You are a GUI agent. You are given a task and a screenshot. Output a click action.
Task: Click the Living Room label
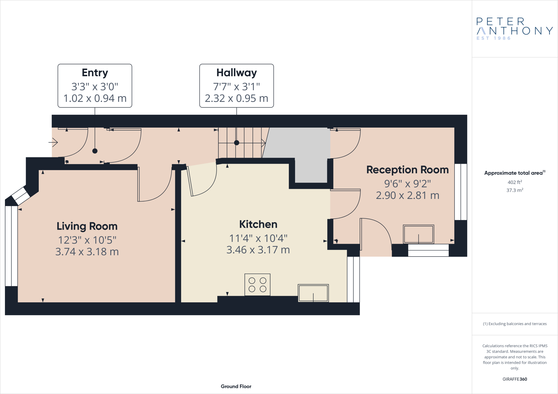[87, 226]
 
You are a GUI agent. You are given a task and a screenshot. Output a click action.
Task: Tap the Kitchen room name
[258, 224]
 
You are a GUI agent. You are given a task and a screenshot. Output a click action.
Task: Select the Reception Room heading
[407, 170]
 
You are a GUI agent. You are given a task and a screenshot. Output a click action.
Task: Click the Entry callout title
[95, 73]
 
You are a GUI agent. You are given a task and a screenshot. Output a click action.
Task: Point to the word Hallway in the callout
[236, 73]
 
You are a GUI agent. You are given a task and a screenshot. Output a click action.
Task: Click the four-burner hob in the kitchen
[257, 285]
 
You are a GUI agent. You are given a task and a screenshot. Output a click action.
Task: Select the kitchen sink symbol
[313, 293]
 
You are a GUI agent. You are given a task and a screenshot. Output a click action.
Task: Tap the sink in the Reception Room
[418, 234]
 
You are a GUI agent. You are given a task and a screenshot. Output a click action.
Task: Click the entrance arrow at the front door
[53, 142]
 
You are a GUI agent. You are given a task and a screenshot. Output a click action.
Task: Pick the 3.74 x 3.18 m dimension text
[87, 252]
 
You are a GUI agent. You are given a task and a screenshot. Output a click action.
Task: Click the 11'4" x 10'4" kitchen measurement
[258, 238]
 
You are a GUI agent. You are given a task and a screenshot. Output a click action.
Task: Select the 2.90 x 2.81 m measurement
[407, 195]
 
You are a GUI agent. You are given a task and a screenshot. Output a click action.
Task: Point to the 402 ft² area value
[515, 182]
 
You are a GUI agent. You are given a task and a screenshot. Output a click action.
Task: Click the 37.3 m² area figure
[515, 190]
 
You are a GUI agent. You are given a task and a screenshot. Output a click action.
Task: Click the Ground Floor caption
[236, 386]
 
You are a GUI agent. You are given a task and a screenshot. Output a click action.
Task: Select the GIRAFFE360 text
[515, 379]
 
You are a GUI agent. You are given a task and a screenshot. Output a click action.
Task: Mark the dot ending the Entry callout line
[95, 151]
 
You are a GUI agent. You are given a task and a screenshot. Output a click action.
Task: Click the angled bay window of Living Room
[21, 195]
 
